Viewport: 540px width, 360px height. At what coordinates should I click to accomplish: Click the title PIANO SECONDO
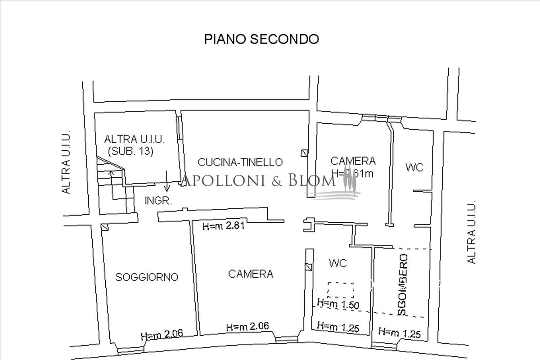[x=261, y=39]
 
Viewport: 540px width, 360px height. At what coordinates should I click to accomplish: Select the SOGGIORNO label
[x=147, y=277]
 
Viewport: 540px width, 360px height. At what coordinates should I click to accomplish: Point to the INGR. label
[x=158, y=201]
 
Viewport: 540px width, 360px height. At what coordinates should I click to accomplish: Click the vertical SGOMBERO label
[x=403, y=284]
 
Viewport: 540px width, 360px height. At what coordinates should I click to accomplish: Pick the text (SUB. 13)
[x=130, y=151]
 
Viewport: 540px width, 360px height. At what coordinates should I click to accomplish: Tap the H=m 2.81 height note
[x=223, y=227]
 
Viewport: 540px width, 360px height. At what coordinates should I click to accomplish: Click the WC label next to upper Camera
[x=414, y=168]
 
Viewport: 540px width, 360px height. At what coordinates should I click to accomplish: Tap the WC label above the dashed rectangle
[x=337, y=263]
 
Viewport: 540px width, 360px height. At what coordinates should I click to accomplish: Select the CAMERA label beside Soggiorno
[x=251, y=274]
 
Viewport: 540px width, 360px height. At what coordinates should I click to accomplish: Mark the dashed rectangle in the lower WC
[x=341, y=290]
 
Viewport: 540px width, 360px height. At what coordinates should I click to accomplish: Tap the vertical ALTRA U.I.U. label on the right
[x=471, y=232]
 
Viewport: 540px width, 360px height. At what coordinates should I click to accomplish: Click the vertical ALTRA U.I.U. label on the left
[x=67, y=163]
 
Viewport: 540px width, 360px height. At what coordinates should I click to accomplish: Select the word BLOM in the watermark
[x=315, y=181]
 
